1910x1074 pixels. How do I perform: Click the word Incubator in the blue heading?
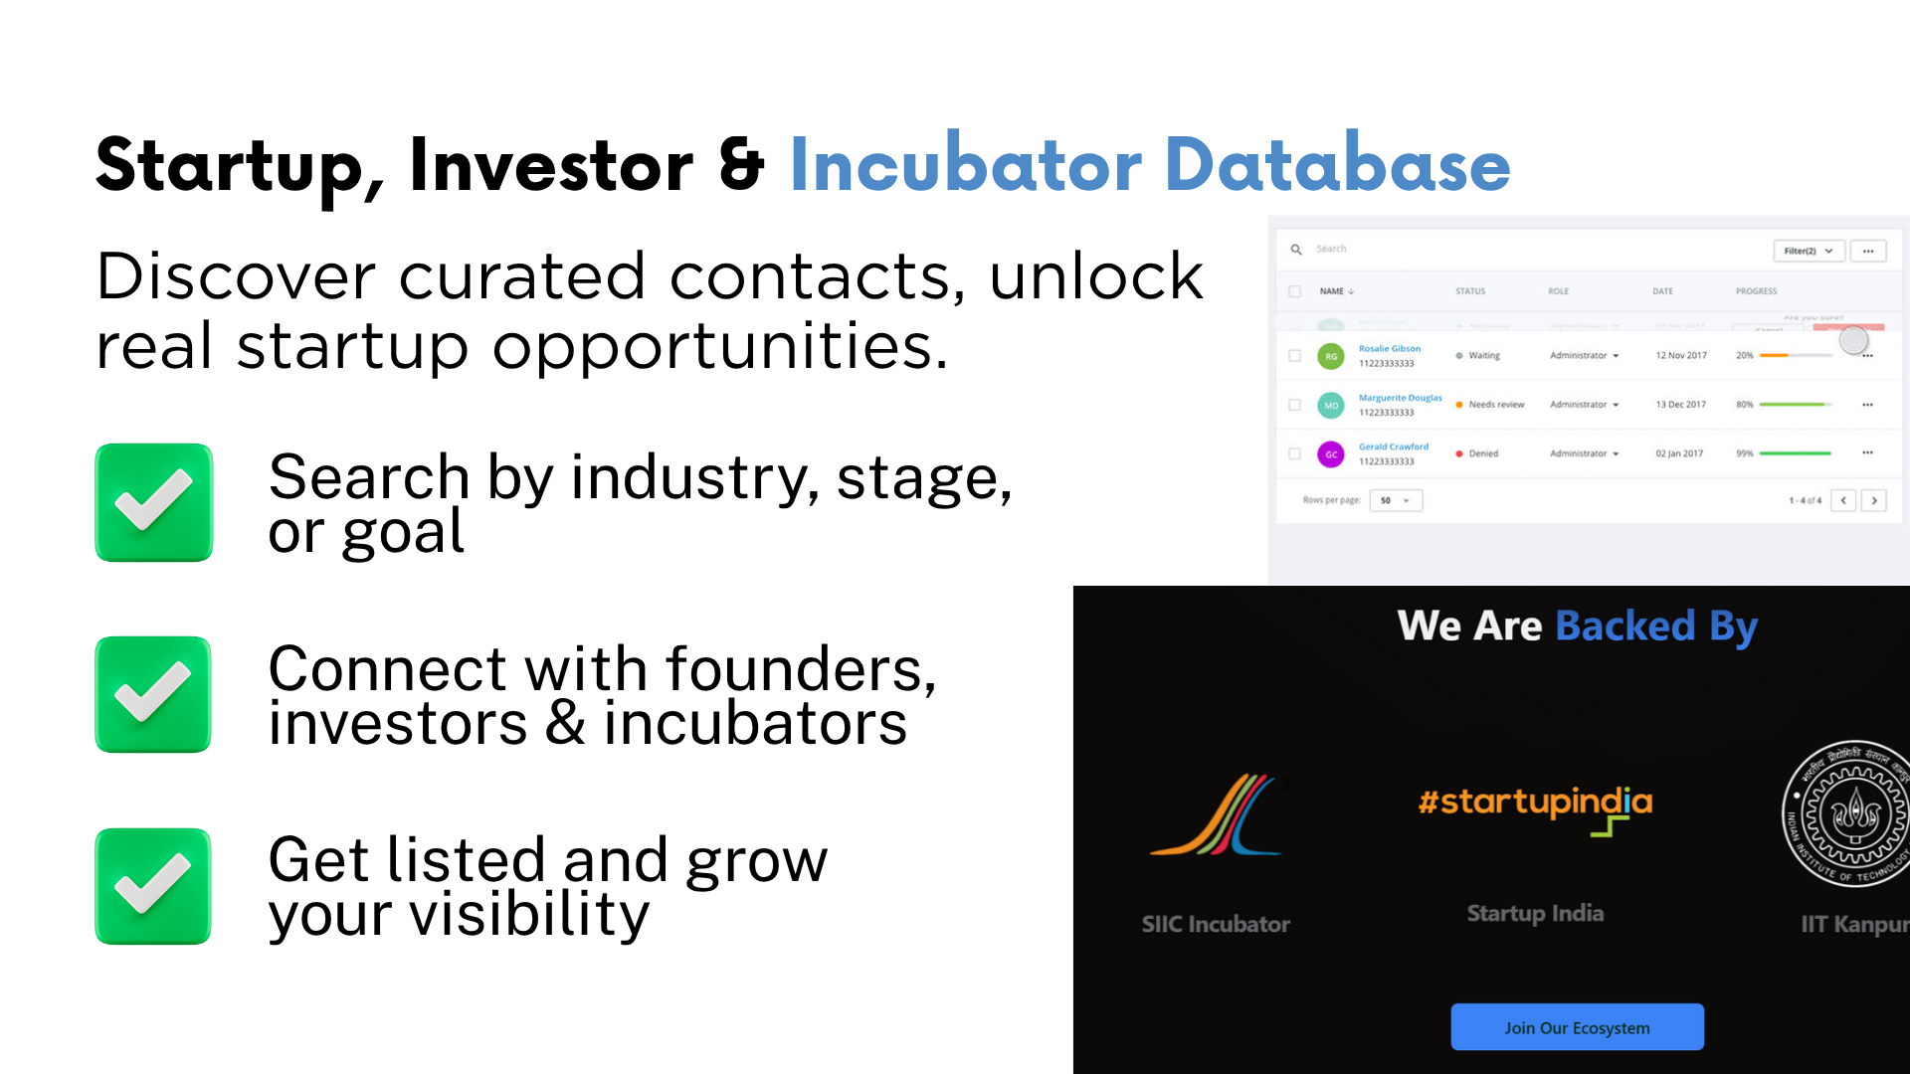pos(965,165)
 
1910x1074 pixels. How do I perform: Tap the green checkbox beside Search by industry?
pos(154,502)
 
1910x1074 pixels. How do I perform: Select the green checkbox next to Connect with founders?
pos(154,694)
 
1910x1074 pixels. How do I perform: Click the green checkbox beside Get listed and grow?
pos(154,886)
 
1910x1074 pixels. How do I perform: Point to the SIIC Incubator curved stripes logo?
pos(1217,815)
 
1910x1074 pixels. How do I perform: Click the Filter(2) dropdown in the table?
pos(1808,251)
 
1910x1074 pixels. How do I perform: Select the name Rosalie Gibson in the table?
pos(1390,349)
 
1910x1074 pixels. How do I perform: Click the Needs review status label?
pos(1495,405)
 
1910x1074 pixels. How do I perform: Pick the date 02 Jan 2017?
pos(1679,453)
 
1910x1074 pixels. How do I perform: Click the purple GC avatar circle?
pos(1331,454)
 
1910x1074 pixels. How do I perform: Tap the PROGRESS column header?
pos(1756,291)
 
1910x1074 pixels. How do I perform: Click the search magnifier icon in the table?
pos(1296,250)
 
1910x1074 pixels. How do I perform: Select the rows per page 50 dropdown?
pos(1395,500)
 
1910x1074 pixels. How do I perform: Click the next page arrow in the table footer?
pos(1874,500)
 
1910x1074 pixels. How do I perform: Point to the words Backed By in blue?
pos(1655,626)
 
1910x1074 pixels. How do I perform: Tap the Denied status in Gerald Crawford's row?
pos(1482,453)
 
